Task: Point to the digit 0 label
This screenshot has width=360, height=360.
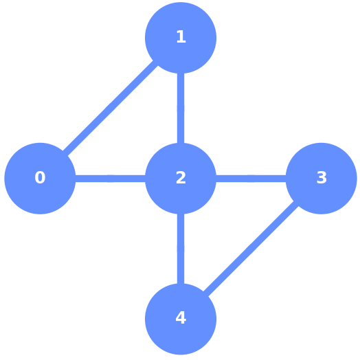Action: pyautogui.click(x=40, y=178)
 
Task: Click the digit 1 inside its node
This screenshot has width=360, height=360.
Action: pyautogui.click(x=181, y=37)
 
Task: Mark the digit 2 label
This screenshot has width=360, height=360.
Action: pyautogui.click(x=181, y=178)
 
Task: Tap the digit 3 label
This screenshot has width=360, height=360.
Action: pyautogui.click(x=322, y=178)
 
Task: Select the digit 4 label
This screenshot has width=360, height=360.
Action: pyautogui.click(x=181, y=318)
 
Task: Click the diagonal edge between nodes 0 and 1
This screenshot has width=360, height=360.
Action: pyautogui.click(x=110, y=108)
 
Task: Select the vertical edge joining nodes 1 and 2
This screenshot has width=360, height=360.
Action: pyautogui.click(x=181, y=108)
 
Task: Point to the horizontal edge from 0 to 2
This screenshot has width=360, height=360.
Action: pyautogui.click(x=110, y=179)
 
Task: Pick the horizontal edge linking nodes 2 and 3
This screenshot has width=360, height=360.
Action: pyautogui.click(x=251, y=179)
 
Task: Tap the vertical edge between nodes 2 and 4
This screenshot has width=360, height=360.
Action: pyautogui.click(x=181, y=249)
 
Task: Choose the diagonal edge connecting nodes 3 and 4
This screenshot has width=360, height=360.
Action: pyautogui.click(x=251, y=249)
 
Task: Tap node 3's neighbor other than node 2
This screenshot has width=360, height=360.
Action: pyautogui.click(x=181, y=319)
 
